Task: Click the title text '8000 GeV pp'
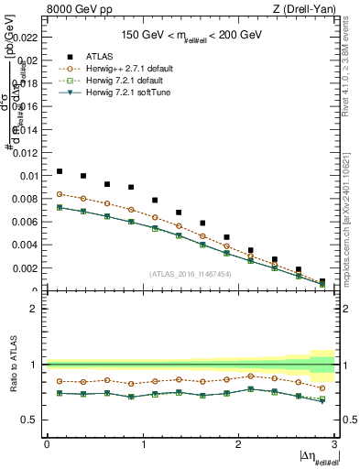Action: tap(71, 9)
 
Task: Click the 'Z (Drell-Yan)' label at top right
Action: tap(309, 9)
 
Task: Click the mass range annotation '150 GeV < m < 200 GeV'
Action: tap(191, 36)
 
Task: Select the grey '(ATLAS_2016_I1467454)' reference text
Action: tap(191, 273)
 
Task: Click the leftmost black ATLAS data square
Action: tap(60, 171)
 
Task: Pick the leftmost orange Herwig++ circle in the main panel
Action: tap(60, 194)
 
